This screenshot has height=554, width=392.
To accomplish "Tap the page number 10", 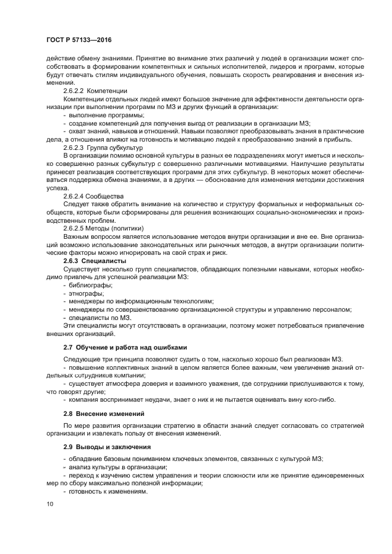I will tap(49, 504).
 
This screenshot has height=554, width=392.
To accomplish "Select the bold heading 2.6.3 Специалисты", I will tap(95, 260).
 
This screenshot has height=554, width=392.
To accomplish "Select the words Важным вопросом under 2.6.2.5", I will tap(87, 236).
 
